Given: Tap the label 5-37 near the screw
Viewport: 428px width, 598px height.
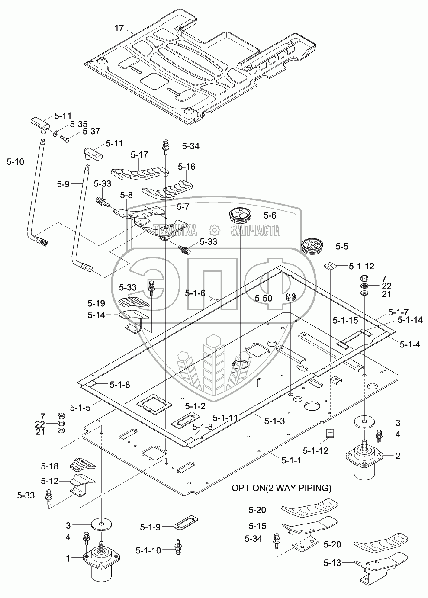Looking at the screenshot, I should coord(91,131).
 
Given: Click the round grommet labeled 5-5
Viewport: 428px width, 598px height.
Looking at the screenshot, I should coord(312,246).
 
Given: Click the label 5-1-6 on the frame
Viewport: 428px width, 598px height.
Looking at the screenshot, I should coord(195,293).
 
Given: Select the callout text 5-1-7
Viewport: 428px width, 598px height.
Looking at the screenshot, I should coord(399,312).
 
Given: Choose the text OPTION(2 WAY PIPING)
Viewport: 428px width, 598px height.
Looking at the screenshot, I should coord(282,488).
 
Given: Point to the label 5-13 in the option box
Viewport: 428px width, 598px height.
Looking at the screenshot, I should coord(332,563).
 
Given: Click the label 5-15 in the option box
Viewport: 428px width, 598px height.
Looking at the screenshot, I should coord(258,526).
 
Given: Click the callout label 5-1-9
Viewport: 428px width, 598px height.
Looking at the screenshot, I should coord(150,527).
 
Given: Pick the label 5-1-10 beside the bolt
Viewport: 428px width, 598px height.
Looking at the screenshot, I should coord(148,550).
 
